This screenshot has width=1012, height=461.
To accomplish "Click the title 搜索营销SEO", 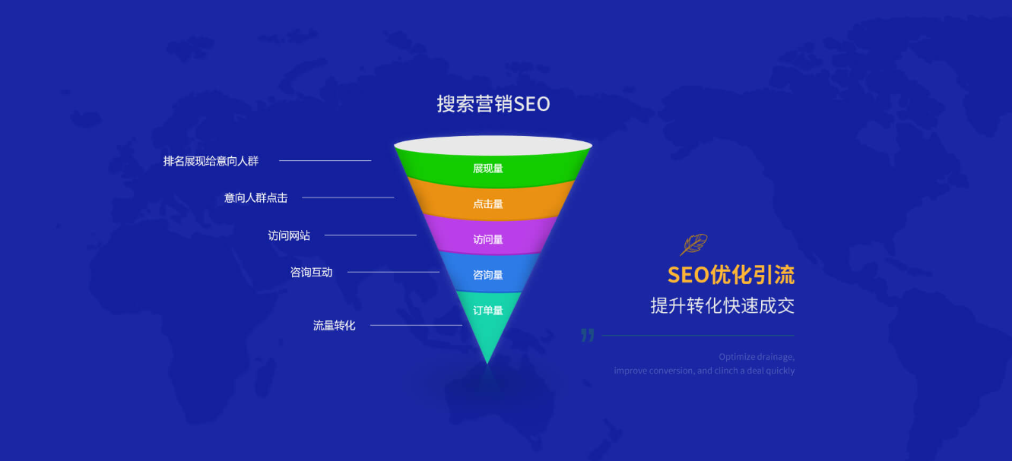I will pyautogui.click(x=493, y=104).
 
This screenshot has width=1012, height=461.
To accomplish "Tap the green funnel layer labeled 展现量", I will pyautogui.click(x=488, y=168).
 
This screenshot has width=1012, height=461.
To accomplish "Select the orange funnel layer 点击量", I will pyautogui.click(x=488, y=204).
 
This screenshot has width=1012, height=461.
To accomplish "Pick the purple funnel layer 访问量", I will pyautogui.click(x=488, y=239).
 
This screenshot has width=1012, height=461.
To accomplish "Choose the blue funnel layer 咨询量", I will pyautogui.click(x=488, y=275).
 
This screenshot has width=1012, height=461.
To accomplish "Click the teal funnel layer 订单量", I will pyautogui.click(x=488, y=311).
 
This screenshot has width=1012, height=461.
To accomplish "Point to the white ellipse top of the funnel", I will pyautogui.click(x=493, y=145).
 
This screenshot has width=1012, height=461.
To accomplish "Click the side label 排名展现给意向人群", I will pyautogui.click(x=211, y=161).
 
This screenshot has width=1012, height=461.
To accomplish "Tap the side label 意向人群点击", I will pyautogui.click(x=255, y=198).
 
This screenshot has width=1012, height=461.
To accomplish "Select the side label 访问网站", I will pyautogui.click(x=289, y=235).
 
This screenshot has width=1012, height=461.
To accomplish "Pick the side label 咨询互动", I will pyautogui.click(x=311, y=272).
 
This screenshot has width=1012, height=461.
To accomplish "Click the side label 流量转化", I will pyautogui.click(x=334, y=325).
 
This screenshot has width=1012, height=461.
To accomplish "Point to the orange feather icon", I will pyautogui.click(x=693, y=245).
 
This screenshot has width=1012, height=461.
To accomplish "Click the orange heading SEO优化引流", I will pyautogui.click(x=731, y=274).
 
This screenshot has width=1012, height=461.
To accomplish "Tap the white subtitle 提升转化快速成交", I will pyautogui.click(x=722, y=305).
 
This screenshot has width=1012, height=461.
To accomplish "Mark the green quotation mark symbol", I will pyautogui.click(x=587, y=335).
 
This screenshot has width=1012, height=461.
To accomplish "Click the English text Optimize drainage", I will pyautogui.click(x=756, y=356).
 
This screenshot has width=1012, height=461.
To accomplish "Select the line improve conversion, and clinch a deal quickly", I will pyautogui.click(x=704, y=371).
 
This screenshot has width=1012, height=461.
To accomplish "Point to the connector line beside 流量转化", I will pyautogui.click(x=416, y=325).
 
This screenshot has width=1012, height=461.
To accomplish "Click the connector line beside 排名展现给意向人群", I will pyautogui.click(x=325, y=161).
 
